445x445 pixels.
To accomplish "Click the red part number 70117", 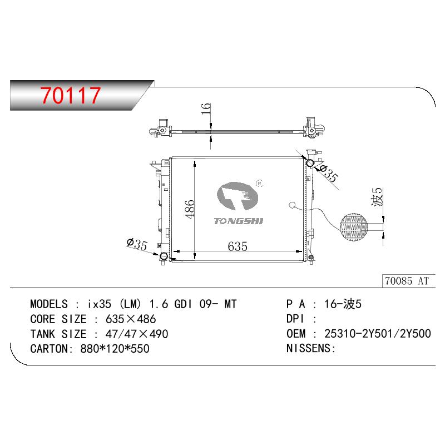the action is coord(71,95).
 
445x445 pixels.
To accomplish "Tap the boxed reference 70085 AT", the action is coord(407,281).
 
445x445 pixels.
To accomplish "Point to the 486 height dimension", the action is coord(190,209).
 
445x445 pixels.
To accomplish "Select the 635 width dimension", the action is coord(238,246).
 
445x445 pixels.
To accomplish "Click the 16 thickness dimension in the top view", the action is coord(206,108).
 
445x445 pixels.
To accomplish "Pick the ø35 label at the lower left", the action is coord(137,244).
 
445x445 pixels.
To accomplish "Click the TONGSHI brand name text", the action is coord(239,221).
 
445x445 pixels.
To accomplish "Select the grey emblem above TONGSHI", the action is coord(238,196).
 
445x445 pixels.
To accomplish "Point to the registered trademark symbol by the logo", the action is coord(259,184).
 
